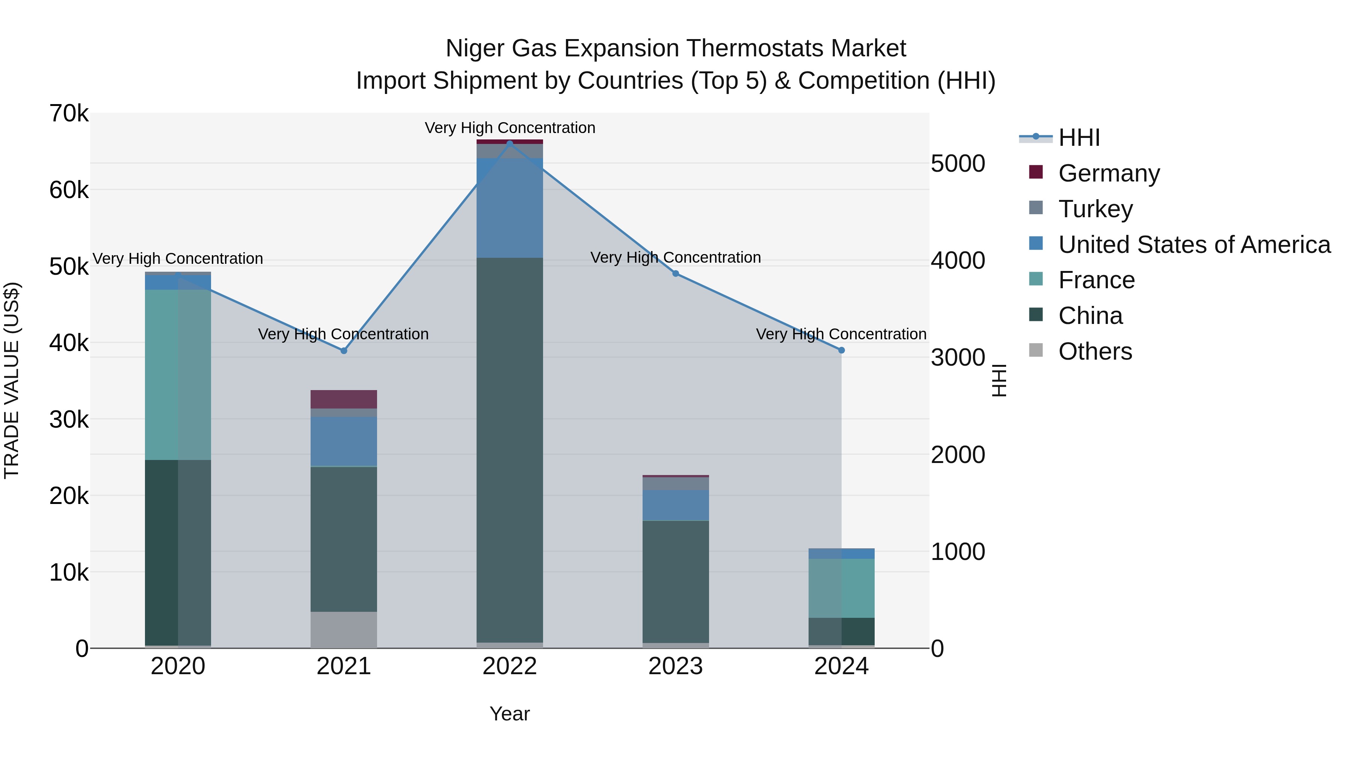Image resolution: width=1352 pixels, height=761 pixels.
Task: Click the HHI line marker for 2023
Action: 676,274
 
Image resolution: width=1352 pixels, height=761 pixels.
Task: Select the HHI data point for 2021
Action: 344,351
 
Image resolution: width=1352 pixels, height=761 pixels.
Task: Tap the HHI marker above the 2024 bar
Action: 841,350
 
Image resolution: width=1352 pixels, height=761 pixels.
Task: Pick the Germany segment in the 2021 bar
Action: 344,399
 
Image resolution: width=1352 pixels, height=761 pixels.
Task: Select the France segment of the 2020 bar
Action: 178,374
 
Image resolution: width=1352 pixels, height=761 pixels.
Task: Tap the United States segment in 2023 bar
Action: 676,505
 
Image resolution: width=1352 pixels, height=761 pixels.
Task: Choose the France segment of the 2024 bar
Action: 841,588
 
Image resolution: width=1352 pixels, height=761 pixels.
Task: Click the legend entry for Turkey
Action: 1095,209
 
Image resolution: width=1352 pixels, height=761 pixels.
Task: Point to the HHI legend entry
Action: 1079,138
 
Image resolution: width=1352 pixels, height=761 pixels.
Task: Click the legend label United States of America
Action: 1194,245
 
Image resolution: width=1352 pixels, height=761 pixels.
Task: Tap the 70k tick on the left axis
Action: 69,113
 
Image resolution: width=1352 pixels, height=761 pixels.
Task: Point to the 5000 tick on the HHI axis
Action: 958,163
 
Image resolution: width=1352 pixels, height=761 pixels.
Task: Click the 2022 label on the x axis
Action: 510,666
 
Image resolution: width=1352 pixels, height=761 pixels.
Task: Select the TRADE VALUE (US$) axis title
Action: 12,380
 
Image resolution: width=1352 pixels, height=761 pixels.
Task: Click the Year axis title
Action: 510,714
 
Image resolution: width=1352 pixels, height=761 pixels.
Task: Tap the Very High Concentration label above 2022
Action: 510,128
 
